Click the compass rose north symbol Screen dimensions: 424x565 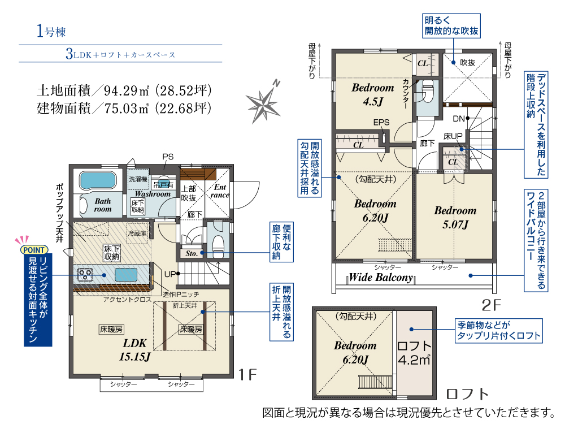pos(263,102)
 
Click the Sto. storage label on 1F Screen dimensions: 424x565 pos(192,253)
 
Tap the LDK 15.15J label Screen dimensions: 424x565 pos(135,349)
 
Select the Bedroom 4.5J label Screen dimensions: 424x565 pos(372,94)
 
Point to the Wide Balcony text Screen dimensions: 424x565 pos(381,277)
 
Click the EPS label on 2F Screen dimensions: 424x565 pos(381,122)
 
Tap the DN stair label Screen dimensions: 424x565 pos(459,119)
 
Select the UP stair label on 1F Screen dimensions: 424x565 pos(169,274)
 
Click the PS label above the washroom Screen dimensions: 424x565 pos(167,156)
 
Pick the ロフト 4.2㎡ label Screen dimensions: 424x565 pos(414,352)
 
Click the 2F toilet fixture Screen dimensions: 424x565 pos(427,89)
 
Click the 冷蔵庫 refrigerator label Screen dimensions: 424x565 pos(137,232)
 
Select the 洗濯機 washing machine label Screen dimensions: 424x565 pos(137,179)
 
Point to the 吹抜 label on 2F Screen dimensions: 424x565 pos(467,62)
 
